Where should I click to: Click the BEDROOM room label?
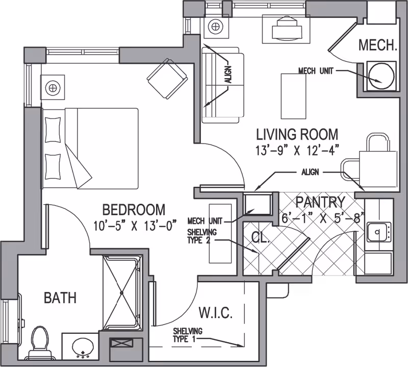(134, 210)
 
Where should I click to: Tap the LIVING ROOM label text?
(297, 135)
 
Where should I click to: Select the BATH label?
(60, 297)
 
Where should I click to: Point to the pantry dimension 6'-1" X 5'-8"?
(323, 217)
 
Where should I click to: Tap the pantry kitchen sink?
(378, 232)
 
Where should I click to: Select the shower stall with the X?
(122, 293)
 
